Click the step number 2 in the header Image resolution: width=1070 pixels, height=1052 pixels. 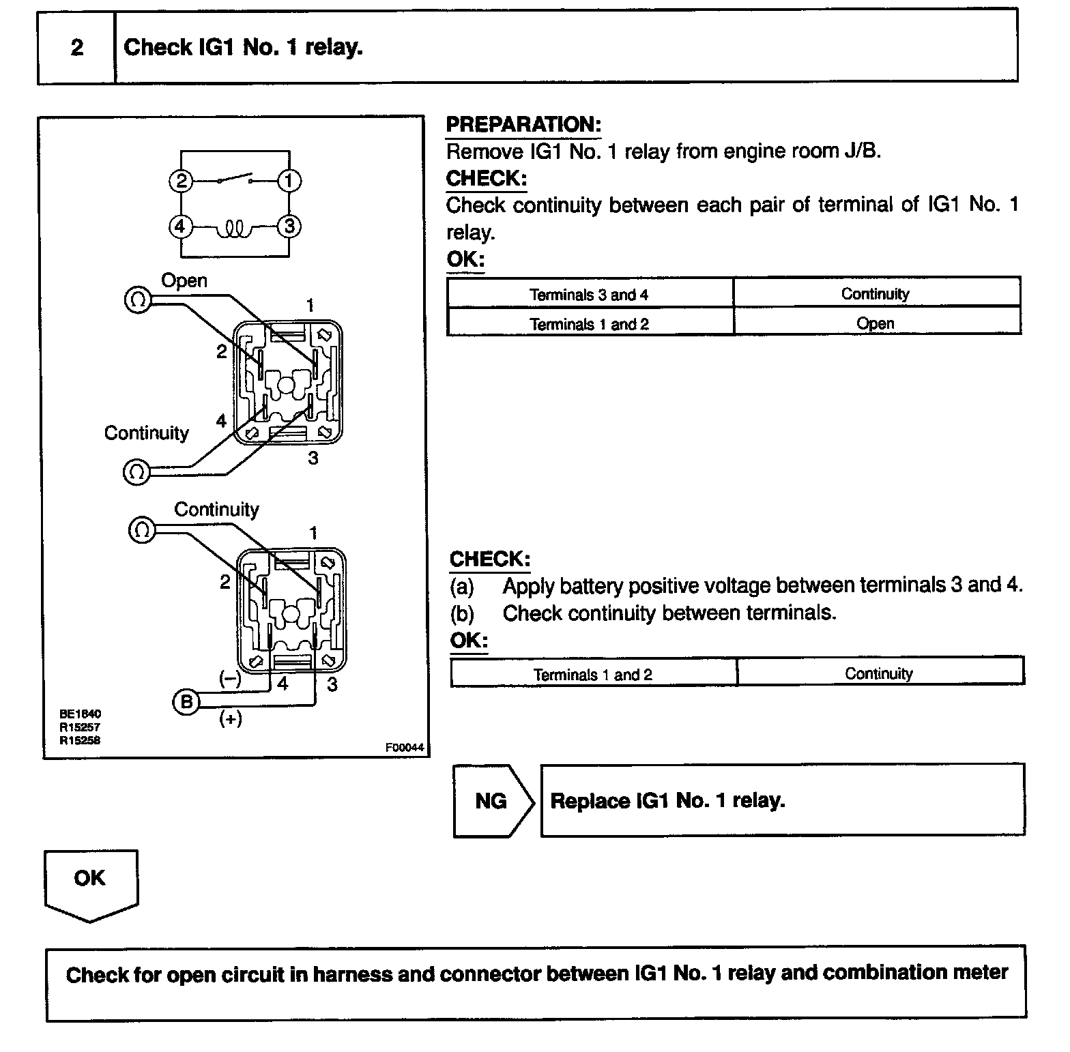click(x=76, y=48)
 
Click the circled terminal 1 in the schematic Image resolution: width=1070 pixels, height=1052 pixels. click(x=289, y=181)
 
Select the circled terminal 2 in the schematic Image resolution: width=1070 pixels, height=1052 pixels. click(x=181, y=181)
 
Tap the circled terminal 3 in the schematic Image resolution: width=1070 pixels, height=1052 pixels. click(x=289, y=227)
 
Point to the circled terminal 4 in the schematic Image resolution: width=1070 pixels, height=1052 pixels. click(x=181, y=227)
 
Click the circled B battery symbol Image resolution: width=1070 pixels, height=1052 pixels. click(x=186, y=702)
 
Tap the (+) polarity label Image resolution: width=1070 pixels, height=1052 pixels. click(x=231, y=718)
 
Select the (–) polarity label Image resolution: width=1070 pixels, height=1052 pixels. click(x=230, y=679)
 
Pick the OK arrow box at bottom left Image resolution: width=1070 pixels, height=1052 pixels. click(x=91, y=881)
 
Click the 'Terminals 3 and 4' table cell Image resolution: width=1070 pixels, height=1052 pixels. click(x=590, y=295)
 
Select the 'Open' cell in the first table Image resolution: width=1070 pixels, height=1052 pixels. click(x=876, y=323)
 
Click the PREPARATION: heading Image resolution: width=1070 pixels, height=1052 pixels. click(x=523, y=125)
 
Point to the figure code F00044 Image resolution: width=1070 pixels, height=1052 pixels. click(x=405, y=748)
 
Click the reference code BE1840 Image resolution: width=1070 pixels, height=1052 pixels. click(x=81, y=714)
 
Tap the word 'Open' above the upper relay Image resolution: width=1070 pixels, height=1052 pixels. click(x=184, y=280)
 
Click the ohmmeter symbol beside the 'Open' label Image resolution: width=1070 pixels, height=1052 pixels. click(x=138, y=299)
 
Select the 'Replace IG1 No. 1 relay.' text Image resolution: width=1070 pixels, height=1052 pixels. click(x=667, y=800)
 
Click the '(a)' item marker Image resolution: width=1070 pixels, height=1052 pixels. click(x=462, y=586)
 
